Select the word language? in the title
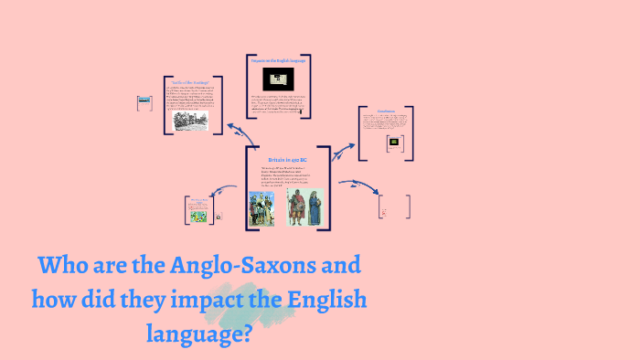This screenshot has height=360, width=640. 198,332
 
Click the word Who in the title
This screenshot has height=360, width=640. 65,267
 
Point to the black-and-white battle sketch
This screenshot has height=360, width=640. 189,120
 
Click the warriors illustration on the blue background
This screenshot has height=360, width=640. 262,207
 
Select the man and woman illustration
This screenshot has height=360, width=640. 304,207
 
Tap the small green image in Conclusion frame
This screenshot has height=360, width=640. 394,143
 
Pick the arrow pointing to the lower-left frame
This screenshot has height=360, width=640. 225,191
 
